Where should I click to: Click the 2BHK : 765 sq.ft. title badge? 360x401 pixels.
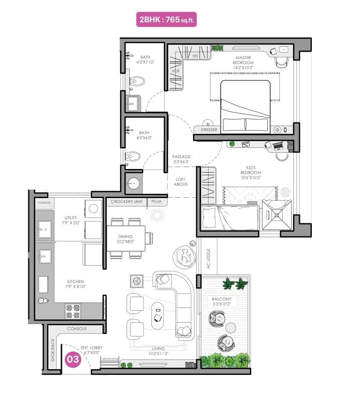[x=167, y=20]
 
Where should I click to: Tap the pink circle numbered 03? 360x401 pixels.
[x=73, y=360]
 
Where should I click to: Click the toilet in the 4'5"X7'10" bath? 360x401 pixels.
[x=137, y=81]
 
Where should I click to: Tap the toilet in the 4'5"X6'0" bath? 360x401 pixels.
[x=134, y=156]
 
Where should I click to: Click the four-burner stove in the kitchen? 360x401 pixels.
[x=73, y=311]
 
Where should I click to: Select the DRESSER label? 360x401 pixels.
[x=209, y=130]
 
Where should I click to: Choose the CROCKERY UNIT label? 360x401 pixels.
[x=127, y=201]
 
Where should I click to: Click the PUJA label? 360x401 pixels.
[x=156, y=201]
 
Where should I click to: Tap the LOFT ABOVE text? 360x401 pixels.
[x=181, y=182]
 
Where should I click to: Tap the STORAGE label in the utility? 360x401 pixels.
[x=44, y=203]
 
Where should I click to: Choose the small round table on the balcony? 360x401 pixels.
[x=231, y=328]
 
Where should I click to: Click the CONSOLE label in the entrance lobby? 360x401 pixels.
[x=77, y=329]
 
